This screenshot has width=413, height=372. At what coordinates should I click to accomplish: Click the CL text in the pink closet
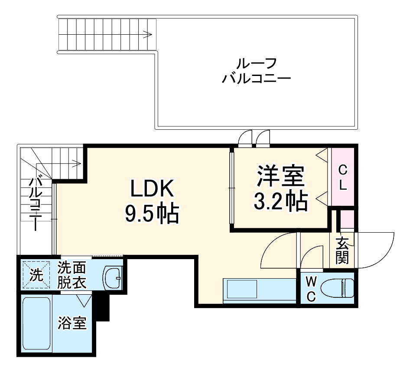342,178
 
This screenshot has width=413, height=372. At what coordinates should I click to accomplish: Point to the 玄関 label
342,251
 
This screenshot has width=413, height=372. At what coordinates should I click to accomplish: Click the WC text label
311,289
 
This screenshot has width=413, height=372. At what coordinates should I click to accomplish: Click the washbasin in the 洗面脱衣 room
113,277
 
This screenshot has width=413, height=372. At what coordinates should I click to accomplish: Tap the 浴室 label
72,324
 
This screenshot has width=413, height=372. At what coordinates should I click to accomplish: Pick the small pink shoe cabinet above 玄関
346,220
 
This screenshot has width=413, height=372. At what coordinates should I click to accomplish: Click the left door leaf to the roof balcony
245,138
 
